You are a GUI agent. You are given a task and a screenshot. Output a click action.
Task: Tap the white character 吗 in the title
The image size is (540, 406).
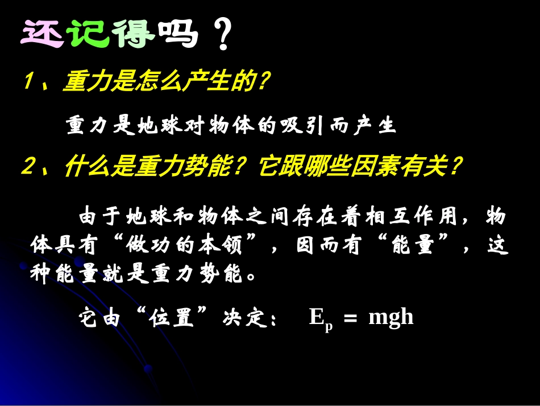179,35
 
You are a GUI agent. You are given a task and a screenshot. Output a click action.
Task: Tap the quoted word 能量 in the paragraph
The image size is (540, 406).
413,246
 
